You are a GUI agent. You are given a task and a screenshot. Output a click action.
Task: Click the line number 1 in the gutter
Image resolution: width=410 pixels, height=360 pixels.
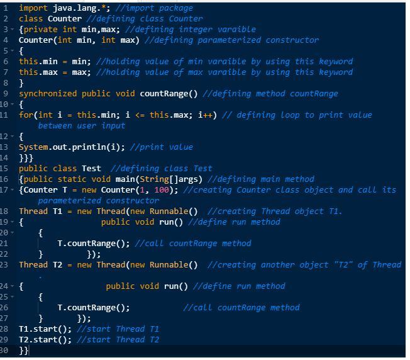point(4,8)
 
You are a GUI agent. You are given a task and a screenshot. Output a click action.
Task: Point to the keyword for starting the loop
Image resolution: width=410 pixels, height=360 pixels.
point(26,115)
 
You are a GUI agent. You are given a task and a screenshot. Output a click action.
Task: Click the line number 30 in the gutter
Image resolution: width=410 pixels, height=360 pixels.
point(5,351)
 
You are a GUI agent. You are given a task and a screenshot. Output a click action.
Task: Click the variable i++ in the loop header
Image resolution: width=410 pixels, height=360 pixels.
point(207,115)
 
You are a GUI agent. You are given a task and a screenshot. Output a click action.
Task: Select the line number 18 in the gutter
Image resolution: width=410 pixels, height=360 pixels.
point(5,211)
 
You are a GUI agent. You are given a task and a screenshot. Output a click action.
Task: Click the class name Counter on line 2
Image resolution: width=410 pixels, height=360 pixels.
point(65,19)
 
